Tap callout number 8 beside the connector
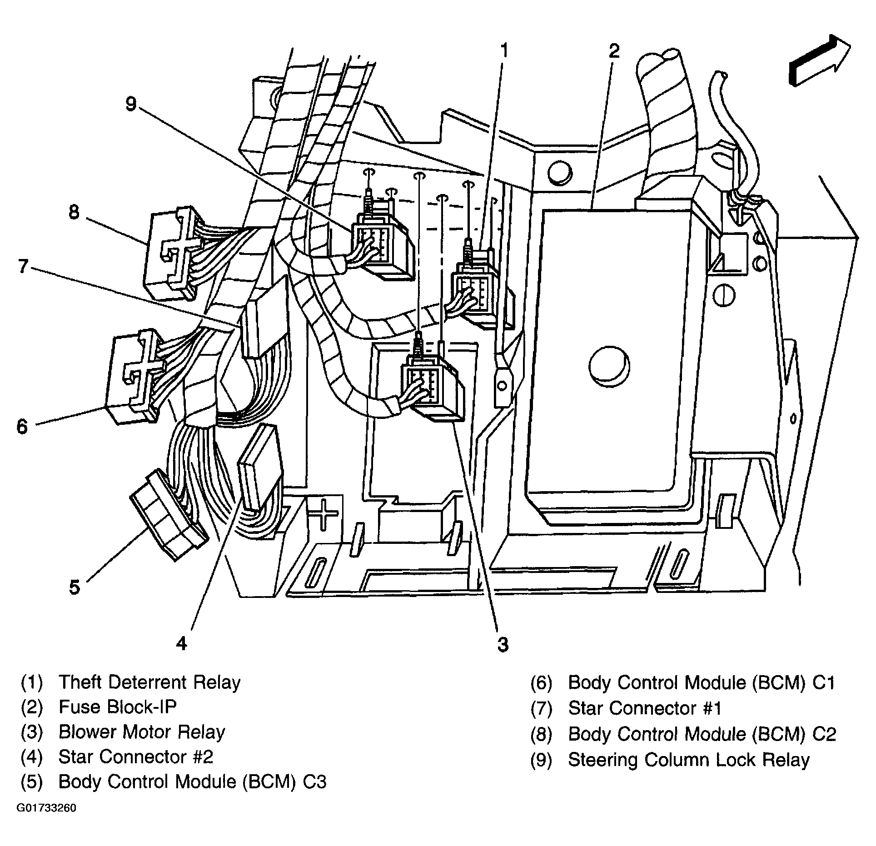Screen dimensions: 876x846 click(74, 212)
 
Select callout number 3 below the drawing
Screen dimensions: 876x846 click(503, 644)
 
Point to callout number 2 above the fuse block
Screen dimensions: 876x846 click(614, 51)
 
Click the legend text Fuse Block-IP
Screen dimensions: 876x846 click(118, 707)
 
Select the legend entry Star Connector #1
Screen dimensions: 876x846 click(645, 708)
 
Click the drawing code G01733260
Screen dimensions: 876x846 click(46, 809)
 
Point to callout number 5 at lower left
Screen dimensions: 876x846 click(74, 587)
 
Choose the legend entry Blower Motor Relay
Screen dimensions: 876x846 click(142, 732)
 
